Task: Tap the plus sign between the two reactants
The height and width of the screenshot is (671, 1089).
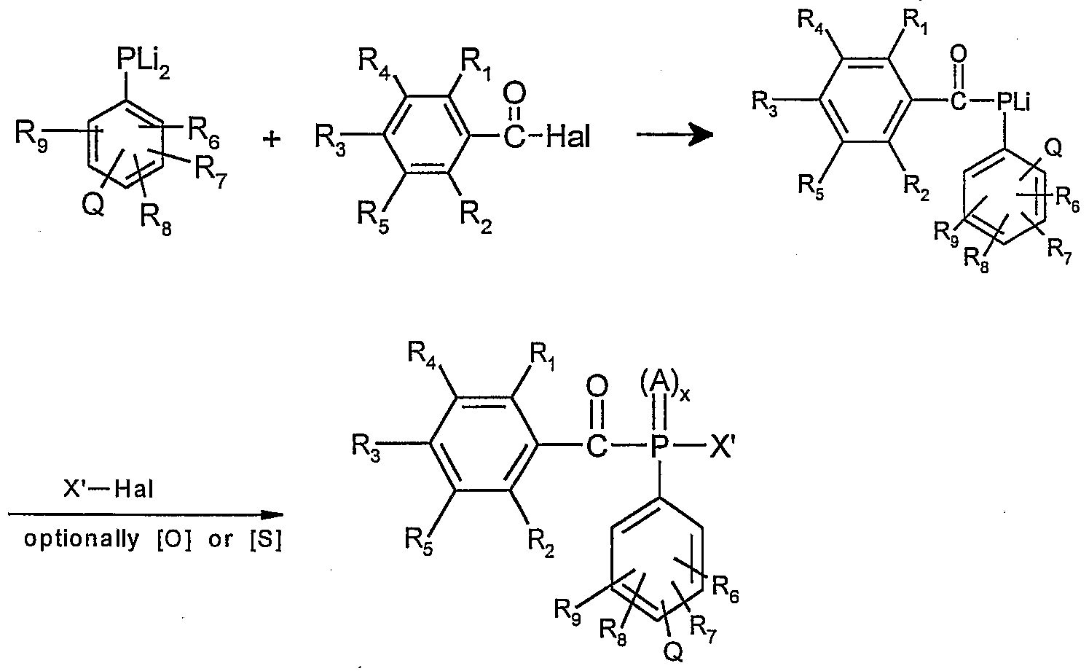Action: click(x=272, y=139)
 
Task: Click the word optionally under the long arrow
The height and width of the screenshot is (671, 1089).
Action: click(x=81, y=540)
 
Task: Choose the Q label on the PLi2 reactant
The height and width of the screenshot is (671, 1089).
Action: click(x=93, y=207)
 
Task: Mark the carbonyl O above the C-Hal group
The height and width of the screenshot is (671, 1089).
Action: click(x=514, y=93)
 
